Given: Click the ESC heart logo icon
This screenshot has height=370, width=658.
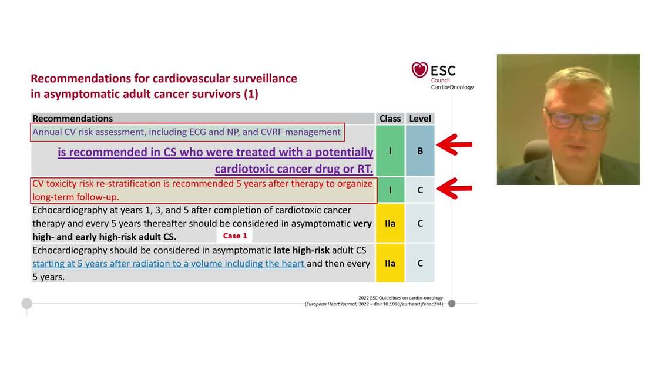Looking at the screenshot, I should point(419,70).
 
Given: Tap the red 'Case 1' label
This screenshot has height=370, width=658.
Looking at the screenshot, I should point(235,236).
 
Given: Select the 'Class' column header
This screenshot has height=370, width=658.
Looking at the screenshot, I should point(390,119).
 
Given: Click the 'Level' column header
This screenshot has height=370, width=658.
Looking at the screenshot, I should point(420,119).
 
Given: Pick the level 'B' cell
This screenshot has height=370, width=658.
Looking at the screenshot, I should point(420,151).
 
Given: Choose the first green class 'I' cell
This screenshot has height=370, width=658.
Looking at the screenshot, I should point(390,151).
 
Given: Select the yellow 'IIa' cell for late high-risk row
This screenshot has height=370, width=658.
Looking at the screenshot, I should point(390,263).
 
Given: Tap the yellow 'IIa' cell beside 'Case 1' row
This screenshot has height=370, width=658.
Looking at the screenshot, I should point(390,223).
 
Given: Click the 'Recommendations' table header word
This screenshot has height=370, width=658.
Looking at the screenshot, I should point(72,119).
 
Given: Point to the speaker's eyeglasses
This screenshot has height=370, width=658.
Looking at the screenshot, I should point(570,120).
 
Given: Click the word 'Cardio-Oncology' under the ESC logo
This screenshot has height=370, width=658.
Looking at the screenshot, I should point(452,87).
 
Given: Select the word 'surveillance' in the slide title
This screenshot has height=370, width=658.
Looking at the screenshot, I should point(260,78).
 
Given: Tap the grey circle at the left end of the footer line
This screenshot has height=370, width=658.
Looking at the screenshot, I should point(26,304).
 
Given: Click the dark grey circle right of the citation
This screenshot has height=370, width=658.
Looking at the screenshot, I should point(452,304).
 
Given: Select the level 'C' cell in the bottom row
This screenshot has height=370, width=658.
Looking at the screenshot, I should point(420,263).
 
